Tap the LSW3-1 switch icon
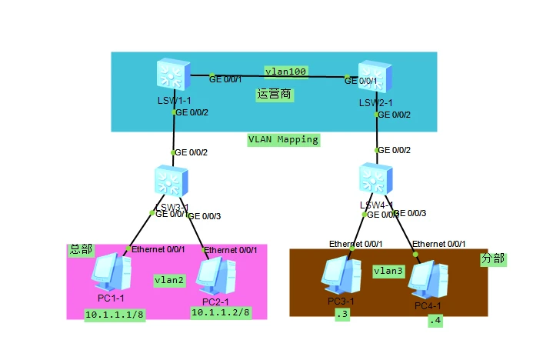coord(171,182)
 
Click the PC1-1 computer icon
coord(109,274)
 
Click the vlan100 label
coord(286,71)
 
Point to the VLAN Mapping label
coord(283,140)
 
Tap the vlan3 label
coord(389,271)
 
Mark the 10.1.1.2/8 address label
coord(222,312)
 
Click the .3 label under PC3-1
coord(341,315)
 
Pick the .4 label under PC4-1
coord(436,319)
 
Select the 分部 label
coord(493,258)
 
